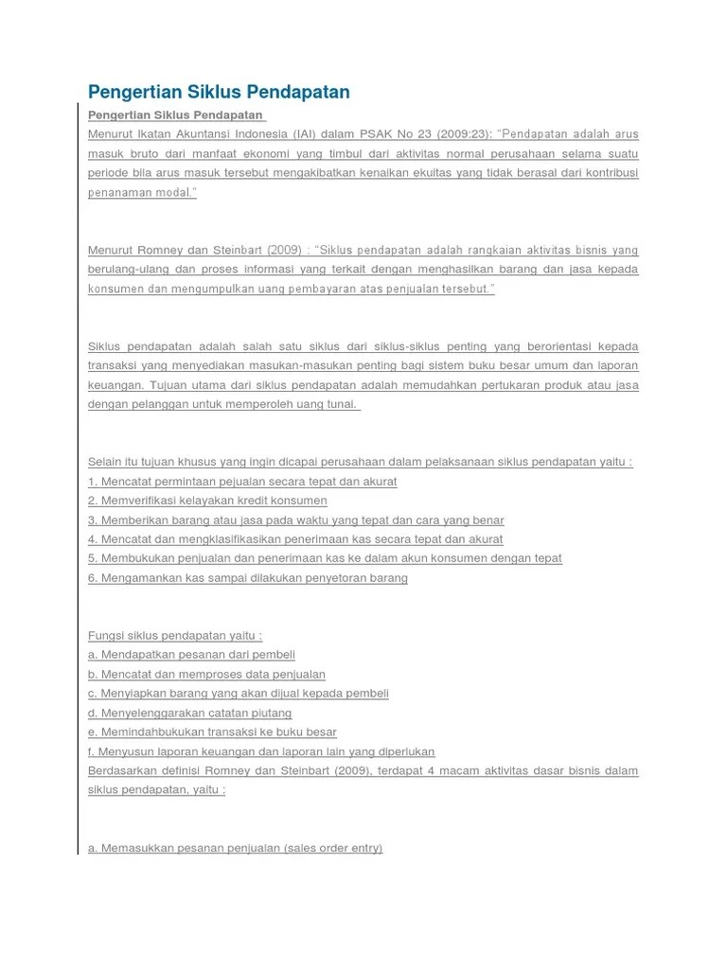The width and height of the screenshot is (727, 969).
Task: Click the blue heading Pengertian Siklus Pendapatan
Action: (x=219, y=92)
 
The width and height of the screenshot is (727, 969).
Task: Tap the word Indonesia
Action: (x=262, y=134)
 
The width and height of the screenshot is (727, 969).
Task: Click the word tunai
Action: (x=338, y=404)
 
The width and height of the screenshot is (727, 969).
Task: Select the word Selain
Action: (x=105, y=462)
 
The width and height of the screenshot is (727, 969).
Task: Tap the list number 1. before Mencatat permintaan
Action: (x=93, y=482)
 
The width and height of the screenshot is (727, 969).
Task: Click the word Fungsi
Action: (x=105, y=636)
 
